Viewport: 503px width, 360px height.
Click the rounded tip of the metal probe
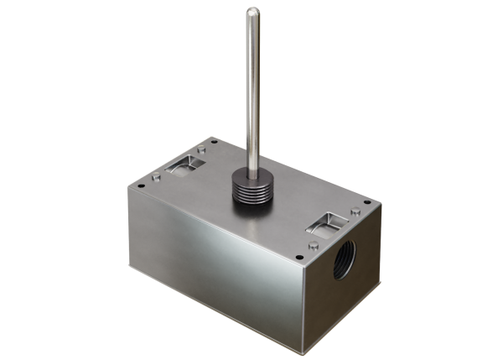click(x=252, y=12)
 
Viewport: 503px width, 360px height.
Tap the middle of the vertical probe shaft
click(x=252, y=84)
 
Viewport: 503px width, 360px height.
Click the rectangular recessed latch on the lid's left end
click(x=182, y=164)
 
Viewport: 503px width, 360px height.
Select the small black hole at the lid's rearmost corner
click(x=213, y=140)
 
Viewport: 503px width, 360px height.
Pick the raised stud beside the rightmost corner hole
click(x=355, y=211)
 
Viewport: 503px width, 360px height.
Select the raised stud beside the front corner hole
click(x=313, y=246)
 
